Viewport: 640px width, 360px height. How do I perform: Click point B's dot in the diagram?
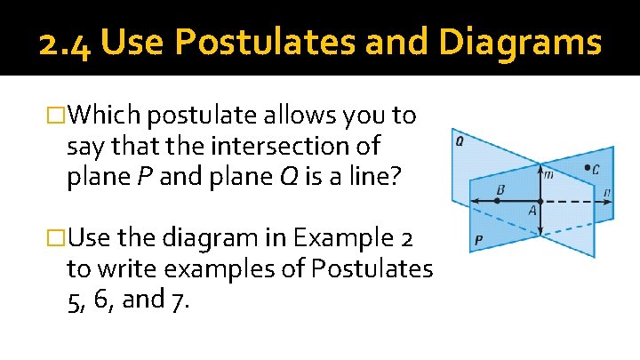click(x=497, y=201)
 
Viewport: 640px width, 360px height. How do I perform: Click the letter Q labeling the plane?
click(x=459, y=140)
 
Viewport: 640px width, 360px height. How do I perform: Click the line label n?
click(x=605, y=191)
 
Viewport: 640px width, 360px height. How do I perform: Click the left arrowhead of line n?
click(x=471, y=201)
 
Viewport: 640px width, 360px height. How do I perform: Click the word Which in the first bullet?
click(x=106, y=116)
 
